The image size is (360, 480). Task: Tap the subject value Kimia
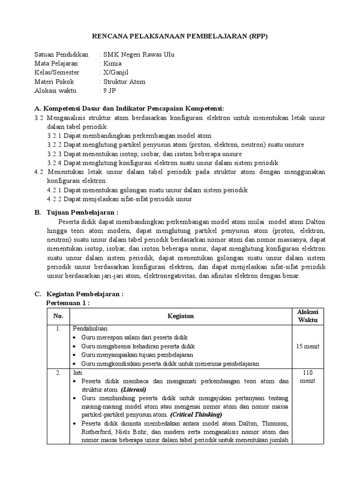click(112, 64)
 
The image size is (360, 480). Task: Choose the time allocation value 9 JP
click(109, 90)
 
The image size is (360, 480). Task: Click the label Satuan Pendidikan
click(61, 55)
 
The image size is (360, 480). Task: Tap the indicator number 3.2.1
click(54, 135)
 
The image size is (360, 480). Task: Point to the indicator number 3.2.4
click(54, 163)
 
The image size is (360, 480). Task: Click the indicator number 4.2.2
click(54, 199)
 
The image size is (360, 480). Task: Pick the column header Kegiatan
click(180, 316)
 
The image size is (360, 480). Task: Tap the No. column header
click(58, 316)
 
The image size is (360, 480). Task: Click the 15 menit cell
click(308, 346)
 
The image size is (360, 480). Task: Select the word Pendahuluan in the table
click(90, 329)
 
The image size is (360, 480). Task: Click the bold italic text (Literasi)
click(134, 390)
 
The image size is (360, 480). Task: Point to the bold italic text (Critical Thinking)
click(196, 415)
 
